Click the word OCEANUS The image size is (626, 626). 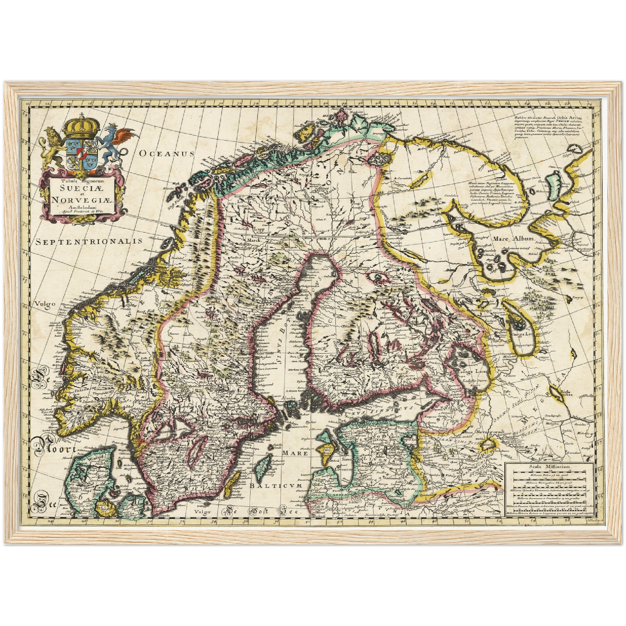pyautogui.click(x=167, y=153)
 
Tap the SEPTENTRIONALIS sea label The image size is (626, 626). pyautogui.click(x=89, y=242)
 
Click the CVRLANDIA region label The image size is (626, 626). pyautogui.click(x=331, y=494)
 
